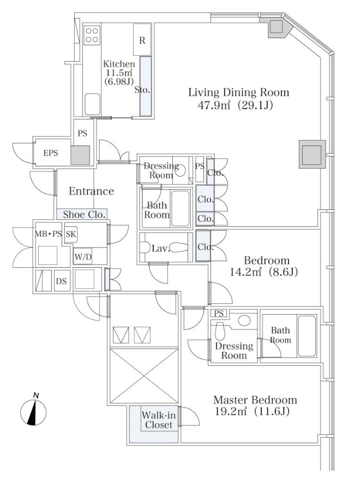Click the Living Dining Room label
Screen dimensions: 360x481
(x=238, y=92)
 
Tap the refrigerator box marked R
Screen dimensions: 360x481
(x=142, y=40)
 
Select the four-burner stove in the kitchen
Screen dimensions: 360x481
(x=92, y=35)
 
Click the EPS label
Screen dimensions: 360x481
(x=51, y=153)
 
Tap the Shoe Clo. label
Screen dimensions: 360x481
(x=85, y=214)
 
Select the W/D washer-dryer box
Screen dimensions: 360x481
(x=83, y=257)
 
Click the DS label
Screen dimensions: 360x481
(x=62, y=281)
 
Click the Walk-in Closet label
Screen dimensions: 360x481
(x=159, y=420)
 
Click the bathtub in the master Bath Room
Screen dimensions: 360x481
(x=307, y=336)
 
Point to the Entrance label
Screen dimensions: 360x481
(x=91, y=191)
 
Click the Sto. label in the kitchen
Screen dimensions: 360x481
(x=142, y=90)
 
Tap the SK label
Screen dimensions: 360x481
(x=71, y=234)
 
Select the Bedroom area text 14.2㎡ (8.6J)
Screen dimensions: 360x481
(x=264, y=272)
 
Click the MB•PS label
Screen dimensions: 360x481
(x=48, y=234)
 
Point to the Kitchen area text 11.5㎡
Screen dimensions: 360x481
(x=119, y=73)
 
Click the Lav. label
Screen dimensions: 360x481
(x=160, y=248)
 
